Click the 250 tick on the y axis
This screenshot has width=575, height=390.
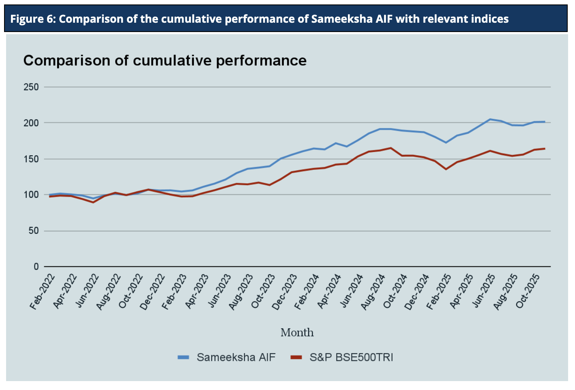pos(31,87)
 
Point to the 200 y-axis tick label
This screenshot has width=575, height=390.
pos(31,123)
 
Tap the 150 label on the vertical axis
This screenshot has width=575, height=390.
pos(31,159)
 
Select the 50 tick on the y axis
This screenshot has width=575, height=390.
pos(33,231)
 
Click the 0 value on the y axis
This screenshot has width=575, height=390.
pos(36,267)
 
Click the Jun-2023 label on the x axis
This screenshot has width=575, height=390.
pos(220,291)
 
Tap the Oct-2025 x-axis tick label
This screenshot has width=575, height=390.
pos(528,291)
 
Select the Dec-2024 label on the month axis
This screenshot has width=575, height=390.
pos(418,291)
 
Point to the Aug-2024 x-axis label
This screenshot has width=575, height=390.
pos(373,291)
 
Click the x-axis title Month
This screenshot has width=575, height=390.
pos(297,333)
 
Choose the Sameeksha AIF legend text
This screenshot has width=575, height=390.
pos(236,358)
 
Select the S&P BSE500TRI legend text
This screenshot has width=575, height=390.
pos(351,358)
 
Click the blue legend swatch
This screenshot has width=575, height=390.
pos(184,358)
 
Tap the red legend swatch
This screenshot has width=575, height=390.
pos(297,358)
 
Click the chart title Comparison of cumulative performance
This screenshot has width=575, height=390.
pos(165,60)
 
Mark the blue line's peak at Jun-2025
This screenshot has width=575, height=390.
pos(490,119)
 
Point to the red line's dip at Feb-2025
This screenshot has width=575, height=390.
pos(446,169)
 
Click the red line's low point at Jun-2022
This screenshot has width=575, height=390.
pos(93,202)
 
